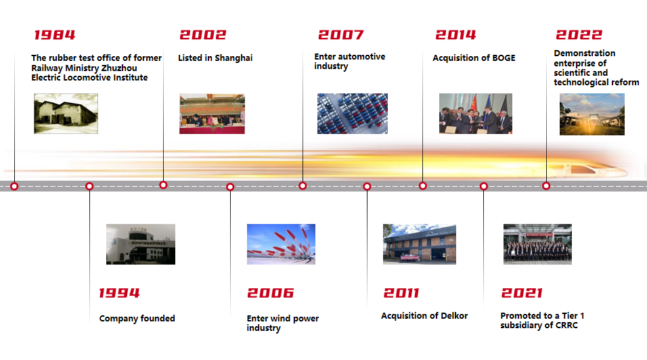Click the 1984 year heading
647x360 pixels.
tap(54, 35)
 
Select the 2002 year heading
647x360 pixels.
tap(202, 35)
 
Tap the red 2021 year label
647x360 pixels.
tap(522, 293)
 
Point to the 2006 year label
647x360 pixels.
tap(270, 293)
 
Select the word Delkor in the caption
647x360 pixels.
tap(454, 316)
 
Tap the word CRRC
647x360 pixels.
tap(566, 325)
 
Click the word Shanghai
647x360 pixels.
tap(233, 58)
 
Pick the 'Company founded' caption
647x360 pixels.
tap(137, 318)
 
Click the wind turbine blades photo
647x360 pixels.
tap(281, 244)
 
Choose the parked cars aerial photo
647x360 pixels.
tap(353, 114)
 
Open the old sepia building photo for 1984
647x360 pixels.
tap(66, 114)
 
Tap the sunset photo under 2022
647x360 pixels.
tap(592, 114)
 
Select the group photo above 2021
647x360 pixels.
tap(537, 244)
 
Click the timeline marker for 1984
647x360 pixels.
tap(14, 186)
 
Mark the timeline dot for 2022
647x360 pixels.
tap(546, 186)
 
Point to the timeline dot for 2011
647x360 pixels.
tap(367, 186)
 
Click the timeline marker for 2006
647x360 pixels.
tap(230, 187)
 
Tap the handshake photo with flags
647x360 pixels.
tap(475, 114)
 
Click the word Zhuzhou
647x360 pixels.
tap(119, 68)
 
